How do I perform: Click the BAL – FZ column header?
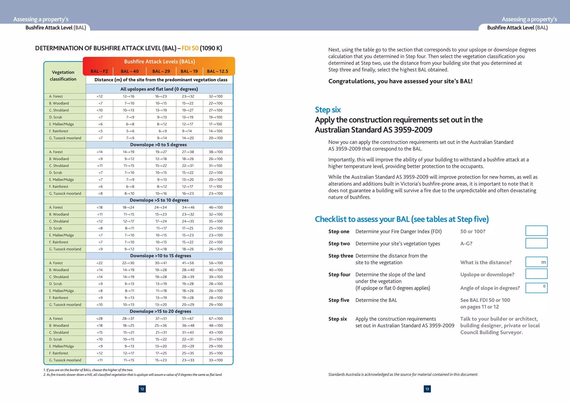pyautogui.click(x=99, y=71)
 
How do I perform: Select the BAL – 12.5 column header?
pyautogui.click(x=217, y=71)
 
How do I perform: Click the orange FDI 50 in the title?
pyautogui.click(x=190, y=48)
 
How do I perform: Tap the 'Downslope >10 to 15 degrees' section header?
pyautogui.click(x=160, y=256)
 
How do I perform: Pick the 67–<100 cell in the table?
pyautogui.click(x=216, y=318)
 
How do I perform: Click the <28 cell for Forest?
pyautogui.click(x=99, y=318)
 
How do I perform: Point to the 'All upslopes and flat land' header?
pyautogui.click(x=159, y=89)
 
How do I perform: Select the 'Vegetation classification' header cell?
pyautogui.click(x=63, y=75)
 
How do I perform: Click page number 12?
pyautogui.click(x=142, y=389)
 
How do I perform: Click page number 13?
pyautogui.click(x=427, y=389)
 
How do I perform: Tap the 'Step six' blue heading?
pyautogui.click(x=328, y=110)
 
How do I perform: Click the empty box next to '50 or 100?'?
pyautogui.click(x=536, y=231)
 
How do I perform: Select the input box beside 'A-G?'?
pyautogui.click(x=536, y=243)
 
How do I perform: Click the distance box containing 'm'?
pyautogui.click(x=536, y=262)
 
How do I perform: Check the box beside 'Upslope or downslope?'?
pyautogui.click(x=536, y=274)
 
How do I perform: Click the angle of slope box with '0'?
pyautogui.click(x=536, y=288)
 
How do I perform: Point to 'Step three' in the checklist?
pyautogui.click(x=340, y=256)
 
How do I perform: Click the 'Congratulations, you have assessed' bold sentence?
pyautogui.click(x=400, y=81)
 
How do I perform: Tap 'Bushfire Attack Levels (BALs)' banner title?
pyautogui.click(x=159, y=62)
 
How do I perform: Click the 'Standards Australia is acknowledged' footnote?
pyautogui.click(x=403, y=374)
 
